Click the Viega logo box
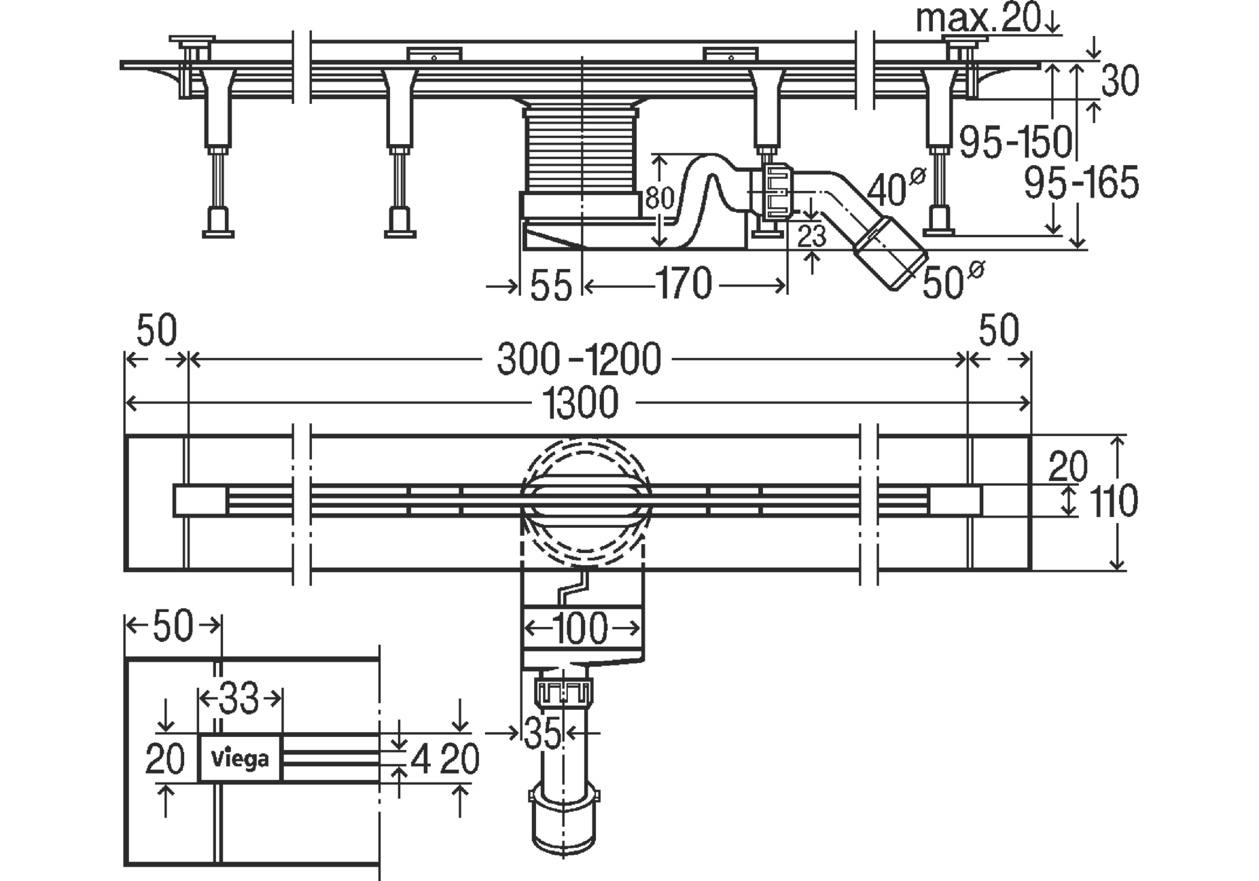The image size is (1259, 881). pyautogui.click(x=239, y=758)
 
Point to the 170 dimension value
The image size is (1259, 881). pyautogui.click(x=684, y=283)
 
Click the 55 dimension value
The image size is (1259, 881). pyautogui.click(x=550, y=285)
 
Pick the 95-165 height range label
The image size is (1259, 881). pyautogui.click(x=1081, y=183)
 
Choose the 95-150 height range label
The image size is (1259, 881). pyautogui.click(x=1014, y=142)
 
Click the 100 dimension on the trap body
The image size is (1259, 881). pyautogui.click(x=581, y=628)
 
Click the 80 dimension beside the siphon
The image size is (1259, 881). pyautogui.click(x=659, y=198)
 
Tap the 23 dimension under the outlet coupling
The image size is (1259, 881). pyautogui.click(x=811, y=236)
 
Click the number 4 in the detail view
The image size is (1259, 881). pyautogui.click(x=421, y=760)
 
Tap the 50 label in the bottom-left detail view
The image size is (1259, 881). pyautogui.click(x=173, y=626)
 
